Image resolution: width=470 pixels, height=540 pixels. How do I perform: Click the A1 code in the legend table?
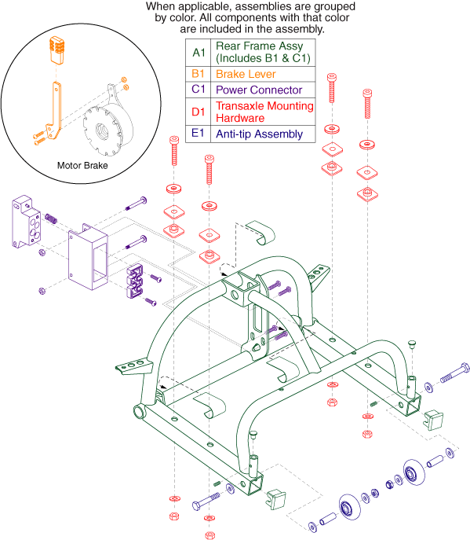tap(199, 53)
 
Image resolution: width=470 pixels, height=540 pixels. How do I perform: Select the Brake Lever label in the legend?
tap(246, 74)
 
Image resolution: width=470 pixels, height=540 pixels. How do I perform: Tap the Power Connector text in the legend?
tap(259, 90)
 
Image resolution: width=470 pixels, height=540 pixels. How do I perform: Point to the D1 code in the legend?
tap(198, 112)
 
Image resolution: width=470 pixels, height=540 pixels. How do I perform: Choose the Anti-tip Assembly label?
tap(259, 134)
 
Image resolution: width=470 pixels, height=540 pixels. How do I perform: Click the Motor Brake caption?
tap(82, 166)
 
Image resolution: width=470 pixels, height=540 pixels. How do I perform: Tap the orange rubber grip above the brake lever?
tap(57, 50)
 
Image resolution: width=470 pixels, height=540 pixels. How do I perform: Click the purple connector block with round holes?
tap(27, 222)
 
